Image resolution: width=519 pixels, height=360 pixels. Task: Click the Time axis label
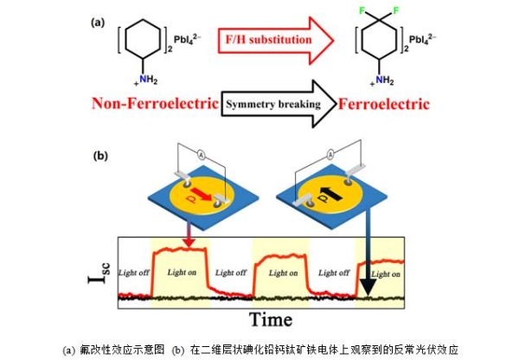pyautogui.click(x=271, y=319)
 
